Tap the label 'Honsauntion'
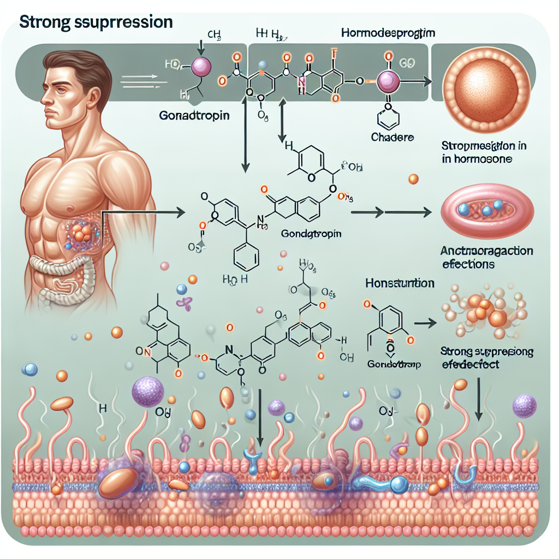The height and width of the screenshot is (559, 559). [400, 284]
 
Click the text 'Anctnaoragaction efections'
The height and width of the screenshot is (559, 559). [487, 258]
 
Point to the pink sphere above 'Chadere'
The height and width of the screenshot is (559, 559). [388, 82]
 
